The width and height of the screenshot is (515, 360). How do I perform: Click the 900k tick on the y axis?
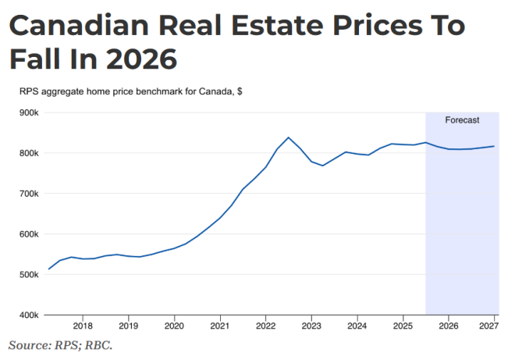click(x=29, y=112)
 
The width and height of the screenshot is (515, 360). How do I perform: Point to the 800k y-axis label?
click(x=29, y=153)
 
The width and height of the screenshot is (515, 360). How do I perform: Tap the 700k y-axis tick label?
click(x=29, y=194)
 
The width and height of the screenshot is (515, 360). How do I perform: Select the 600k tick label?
click(x=29, y=234)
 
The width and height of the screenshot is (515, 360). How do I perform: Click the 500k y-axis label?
click(x=29, y=275)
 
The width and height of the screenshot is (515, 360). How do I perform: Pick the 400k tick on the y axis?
click(x=29, y=315)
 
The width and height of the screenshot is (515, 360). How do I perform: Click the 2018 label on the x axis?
click(x=83, y=326)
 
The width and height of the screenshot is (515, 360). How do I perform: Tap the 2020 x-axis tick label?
click(x=174, y=326)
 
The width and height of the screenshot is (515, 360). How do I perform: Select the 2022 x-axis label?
click(x=265, y=326)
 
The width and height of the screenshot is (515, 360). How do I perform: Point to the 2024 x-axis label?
click(x=357, y=326)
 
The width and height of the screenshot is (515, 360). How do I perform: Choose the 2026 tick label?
click(x=448, y=326)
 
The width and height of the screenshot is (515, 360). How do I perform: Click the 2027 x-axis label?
click(x=488, y=326)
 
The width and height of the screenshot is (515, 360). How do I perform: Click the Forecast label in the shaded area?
click(x=462, y=120)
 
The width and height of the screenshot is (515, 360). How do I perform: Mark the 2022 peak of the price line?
click(x=289, y=137)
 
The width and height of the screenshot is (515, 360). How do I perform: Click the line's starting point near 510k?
click(x=49, y=269)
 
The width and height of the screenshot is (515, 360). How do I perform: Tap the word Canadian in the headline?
click(x=76, y=26)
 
